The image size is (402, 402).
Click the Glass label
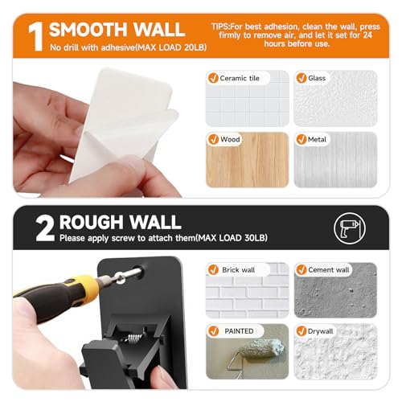pos(317,78)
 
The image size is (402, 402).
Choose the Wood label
pos(231,139)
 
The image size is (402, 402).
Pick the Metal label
pos(318,139)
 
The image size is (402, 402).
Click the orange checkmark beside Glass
pos(300,78)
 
